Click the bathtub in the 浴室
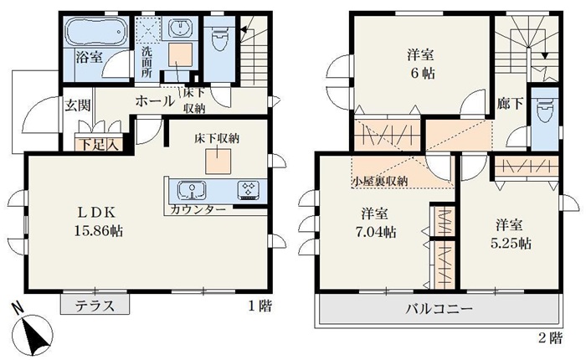point(96,31)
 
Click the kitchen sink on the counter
point(192,191)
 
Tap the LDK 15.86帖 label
point(98,222)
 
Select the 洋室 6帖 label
point(421,64)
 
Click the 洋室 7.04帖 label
point(375,224)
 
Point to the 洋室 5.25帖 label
point(510,234)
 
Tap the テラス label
point(95,306)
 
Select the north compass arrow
point(32,329)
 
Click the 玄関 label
point(78,105)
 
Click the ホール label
point(154,101)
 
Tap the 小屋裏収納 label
point(379,182)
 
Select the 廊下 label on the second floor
point(510,104)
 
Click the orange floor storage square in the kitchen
point(218,161)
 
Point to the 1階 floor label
point(260,306)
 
